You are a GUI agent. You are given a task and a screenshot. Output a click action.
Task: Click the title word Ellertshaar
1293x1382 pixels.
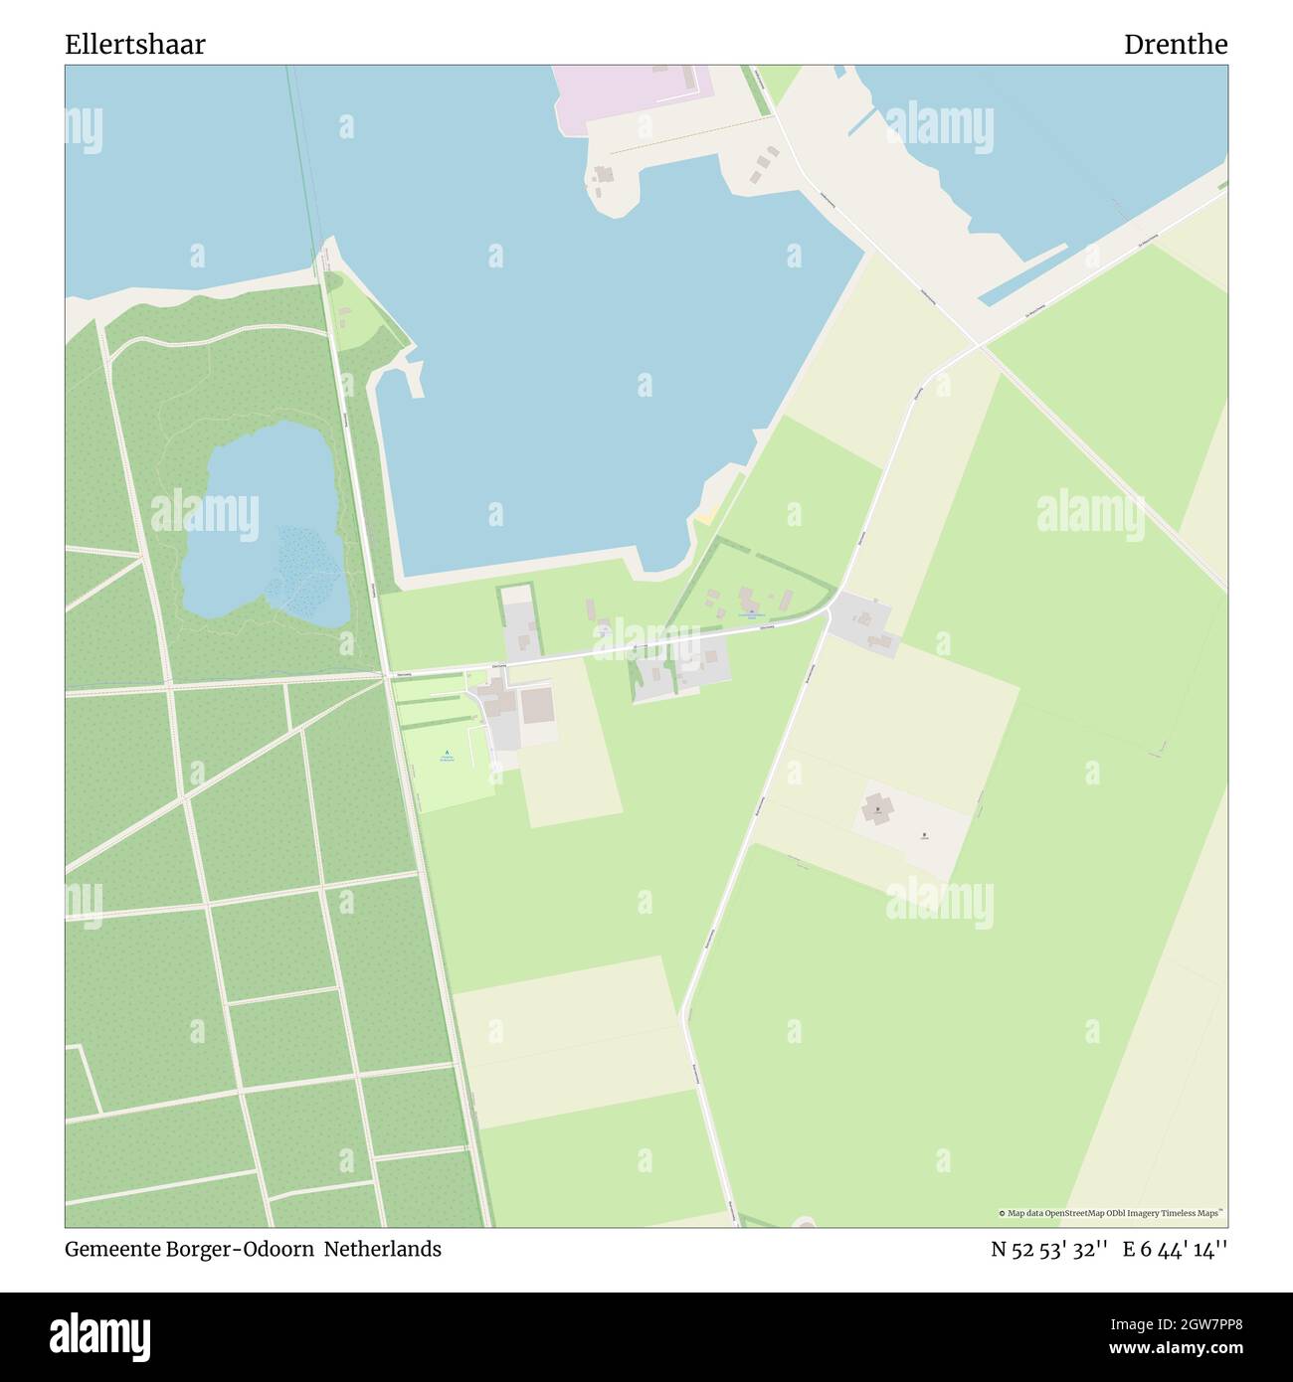tap(135, 45)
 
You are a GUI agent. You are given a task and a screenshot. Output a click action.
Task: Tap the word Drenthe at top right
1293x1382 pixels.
tap(1175, 45)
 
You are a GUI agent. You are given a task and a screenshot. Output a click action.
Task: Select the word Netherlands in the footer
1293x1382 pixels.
tap(383, 1249)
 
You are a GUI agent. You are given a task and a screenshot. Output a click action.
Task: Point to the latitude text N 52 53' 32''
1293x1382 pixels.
tap(1049, 1250)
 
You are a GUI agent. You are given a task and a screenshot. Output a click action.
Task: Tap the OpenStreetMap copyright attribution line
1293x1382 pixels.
tap(1111, 1213)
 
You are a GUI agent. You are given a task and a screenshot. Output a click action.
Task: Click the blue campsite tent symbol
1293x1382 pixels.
tap(447, 753)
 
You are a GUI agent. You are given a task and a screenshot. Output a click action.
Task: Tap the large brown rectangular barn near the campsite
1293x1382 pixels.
tap(537, 706)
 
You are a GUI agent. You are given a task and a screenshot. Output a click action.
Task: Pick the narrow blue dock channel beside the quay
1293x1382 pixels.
tap(1024, 273)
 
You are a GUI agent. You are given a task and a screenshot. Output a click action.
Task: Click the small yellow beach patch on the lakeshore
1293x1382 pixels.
tap(705, 516)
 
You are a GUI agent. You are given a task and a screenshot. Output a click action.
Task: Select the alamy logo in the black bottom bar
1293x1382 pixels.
tap(100, 1335)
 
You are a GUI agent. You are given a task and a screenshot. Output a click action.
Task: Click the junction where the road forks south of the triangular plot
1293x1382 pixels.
tap(828, 616)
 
